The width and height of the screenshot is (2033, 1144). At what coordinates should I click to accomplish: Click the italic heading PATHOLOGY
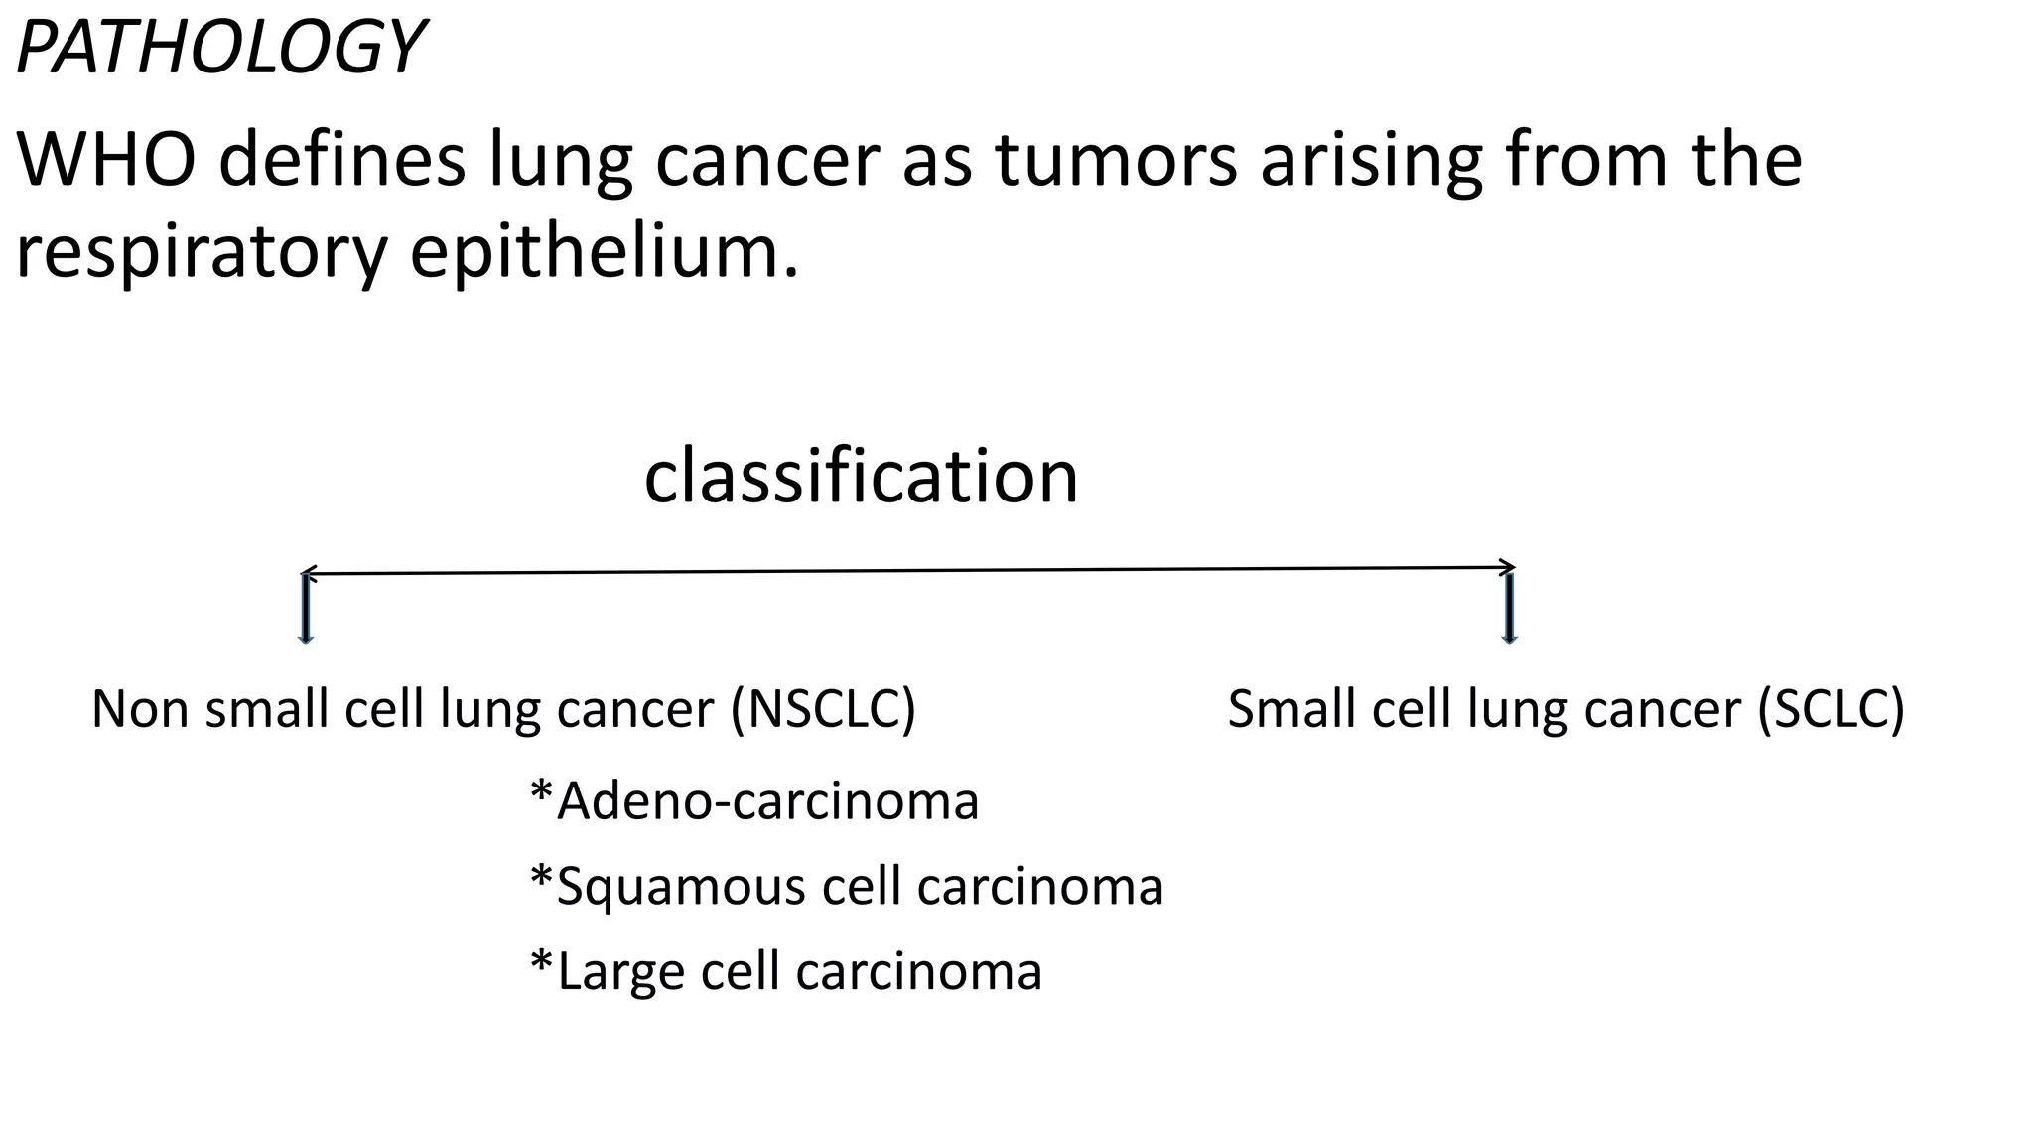tap(220, 48)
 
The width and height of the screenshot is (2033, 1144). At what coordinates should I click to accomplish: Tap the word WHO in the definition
tap(105, 160)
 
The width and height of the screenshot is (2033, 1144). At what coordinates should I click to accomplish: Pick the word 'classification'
tap(861, 476)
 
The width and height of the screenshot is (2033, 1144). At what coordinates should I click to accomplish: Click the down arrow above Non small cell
tap(306, 608)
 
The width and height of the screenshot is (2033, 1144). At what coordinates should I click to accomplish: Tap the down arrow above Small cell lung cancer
tap(1510, 608)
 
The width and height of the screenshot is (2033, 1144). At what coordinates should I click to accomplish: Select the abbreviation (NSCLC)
tap(823, 709)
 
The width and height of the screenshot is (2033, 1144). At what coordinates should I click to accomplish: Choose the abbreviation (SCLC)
tap(1830, 709)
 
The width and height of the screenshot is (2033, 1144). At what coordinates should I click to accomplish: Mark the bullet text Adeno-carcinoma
tap(767, 800)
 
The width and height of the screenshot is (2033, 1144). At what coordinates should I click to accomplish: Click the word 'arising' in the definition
tap(1371, 160)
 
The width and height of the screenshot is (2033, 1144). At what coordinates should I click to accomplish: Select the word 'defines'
tap(340, 160)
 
